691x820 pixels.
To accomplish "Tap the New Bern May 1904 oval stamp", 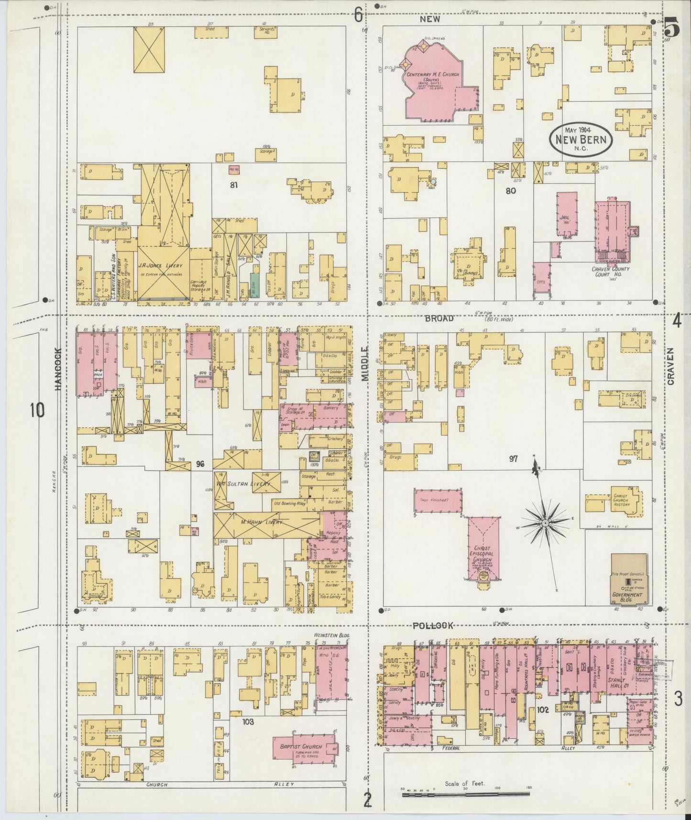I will point(581,139).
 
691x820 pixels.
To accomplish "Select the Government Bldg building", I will point(628,578).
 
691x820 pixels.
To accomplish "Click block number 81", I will point(233,185).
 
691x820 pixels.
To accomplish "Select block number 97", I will point(514,459).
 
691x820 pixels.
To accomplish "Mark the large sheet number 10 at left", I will point(36,410).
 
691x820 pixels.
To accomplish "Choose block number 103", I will point(248,721).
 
